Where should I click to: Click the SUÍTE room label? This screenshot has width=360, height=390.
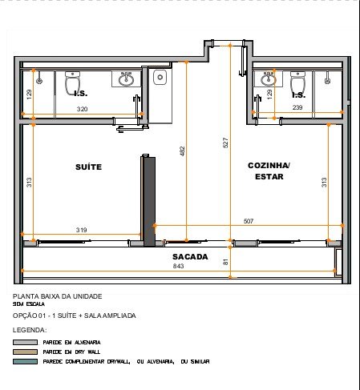pos(88,167)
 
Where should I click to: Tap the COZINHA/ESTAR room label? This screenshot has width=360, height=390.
pos(269,171)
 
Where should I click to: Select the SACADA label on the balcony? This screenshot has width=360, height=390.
pos(190,257)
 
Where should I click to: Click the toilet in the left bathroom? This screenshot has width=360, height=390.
pos(73,82)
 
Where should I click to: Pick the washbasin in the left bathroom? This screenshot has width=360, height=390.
pos(126,78)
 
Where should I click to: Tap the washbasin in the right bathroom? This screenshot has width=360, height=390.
pos(269,78)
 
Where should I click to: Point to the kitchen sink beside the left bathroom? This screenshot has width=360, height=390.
pos(160,77)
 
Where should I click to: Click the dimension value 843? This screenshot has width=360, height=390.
pos(178,266)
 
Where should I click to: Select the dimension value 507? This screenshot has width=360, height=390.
pos(249,221)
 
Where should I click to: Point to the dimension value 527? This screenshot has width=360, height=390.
pos(225,143)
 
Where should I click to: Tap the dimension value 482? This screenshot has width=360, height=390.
pos(182,151)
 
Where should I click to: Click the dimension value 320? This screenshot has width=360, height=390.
pos(82,109)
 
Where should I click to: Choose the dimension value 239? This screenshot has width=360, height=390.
pos(297,107)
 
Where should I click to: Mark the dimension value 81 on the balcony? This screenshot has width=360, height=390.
pos(226,262)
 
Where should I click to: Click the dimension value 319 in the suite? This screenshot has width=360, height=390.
pos(81,230)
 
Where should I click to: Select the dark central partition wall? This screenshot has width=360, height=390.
pos(148,201)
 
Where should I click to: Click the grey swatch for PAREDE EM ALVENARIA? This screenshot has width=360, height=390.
pos(25,342)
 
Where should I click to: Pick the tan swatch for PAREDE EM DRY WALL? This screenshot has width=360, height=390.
pos(25,352)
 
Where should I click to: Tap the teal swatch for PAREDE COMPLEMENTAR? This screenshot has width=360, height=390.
pos(25,361)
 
